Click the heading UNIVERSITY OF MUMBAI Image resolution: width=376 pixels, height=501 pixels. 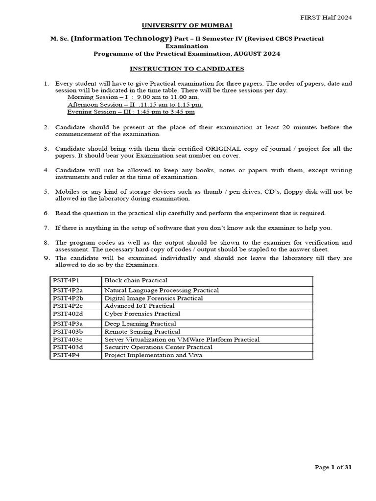coord(188,25)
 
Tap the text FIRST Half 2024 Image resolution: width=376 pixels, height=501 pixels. coord(326,17)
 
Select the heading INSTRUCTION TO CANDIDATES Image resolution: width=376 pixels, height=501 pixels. coord(188,69)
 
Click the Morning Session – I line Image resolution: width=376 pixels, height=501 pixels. coord(133,97)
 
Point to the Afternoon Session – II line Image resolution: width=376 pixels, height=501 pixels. coord(135,104)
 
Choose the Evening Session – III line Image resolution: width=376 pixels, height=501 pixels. coord(131,112)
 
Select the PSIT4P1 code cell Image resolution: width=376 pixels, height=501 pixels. coord(66,280)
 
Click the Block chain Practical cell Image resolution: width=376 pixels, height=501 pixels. coord(136,280)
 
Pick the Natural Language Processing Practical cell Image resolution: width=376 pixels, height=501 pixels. coord(162,290)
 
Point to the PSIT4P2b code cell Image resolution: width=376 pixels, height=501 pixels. coord(68,298)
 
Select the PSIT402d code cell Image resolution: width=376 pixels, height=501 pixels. coord(68,314)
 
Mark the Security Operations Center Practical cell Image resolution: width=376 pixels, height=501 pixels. coord(158,347)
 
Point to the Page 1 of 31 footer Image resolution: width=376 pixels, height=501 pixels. coord(333,467)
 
